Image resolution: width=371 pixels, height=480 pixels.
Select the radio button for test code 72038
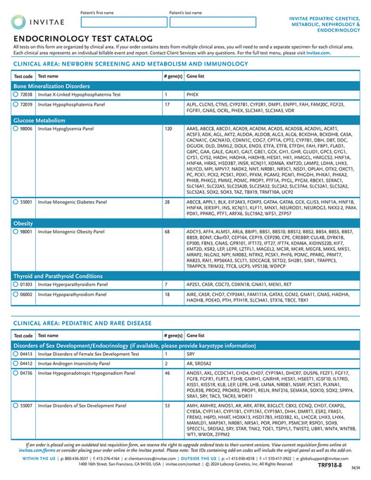coord(16,93)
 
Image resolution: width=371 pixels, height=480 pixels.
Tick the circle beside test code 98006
coord(16,130)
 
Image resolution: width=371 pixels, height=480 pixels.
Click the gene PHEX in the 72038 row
coord(192,93)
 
